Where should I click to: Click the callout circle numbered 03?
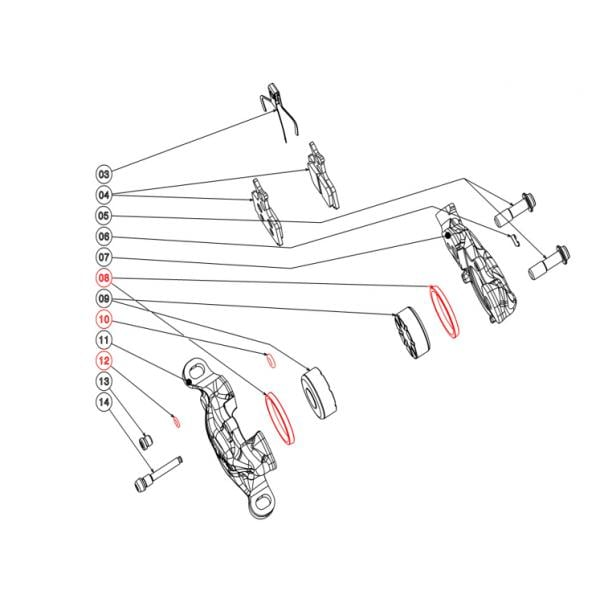pyautogui.click(x=104, y=174)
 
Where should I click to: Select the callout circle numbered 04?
pyautogui.click(x=104, y=195)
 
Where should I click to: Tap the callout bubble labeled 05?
pyautogui.click(x=104, y=216)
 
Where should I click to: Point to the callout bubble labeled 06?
pyautogui.click(x=104, y=236)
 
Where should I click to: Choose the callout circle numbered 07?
pyautogui.click(x=104, y=257)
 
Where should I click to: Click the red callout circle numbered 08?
pyautogui.click(x=104, y=278)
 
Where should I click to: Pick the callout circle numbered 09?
pyautogui.click(x=104, y=298)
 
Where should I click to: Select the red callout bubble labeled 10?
pyautogui.click(x=104, y=319)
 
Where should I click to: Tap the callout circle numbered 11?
pyautogui.click(x=104, y=340)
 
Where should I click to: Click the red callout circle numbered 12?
pyautogui.click(x=104, y=360)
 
